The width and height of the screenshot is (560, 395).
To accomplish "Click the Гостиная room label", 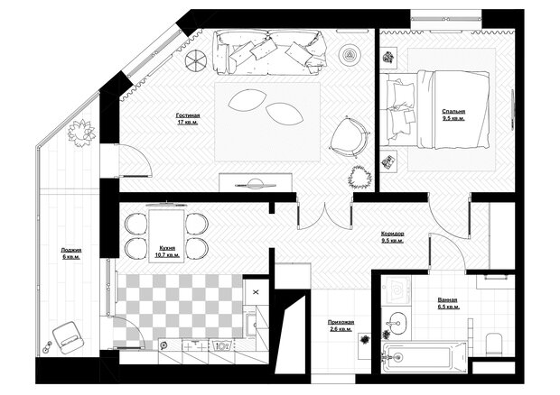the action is click(188, 115).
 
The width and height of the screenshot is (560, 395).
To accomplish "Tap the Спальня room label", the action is click(453, 112).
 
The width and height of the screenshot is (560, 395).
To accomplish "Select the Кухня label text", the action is click(167, 249).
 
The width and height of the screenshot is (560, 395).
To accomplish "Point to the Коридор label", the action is click(393, 234).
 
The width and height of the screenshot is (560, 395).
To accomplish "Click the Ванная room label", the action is click(447, 300).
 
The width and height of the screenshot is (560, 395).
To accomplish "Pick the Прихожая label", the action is click(341, 322).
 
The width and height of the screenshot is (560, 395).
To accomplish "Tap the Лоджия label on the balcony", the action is click(71, 251).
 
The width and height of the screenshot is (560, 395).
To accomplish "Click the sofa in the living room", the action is click(270, 52).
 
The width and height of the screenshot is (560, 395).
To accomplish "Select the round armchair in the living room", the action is click(348, 137).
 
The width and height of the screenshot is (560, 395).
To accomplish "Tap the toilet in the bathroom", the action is click(494, 344).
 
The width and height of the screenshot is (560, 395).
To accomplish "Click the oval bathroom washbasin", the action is click(397, 324).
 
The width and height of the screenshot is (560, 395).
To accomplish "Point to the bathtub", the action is click(424, 357).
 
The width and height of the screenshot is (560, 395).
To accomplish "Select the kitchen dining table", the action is click(167, 236).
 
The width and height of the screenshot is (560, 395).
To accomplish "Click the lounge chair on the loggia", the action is click(69, 337).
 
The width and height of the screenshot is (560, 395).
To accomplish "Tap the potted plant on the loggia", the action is click(82, 133).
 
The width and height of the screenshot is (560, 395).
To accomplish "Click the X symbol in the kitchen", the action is click(256, 292).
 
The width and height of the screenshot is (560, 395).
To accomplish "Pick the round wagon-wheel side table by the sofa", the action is click(196, 60).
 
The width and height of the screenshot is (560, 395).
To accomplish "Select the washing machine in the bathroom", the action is click(397, 289).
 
